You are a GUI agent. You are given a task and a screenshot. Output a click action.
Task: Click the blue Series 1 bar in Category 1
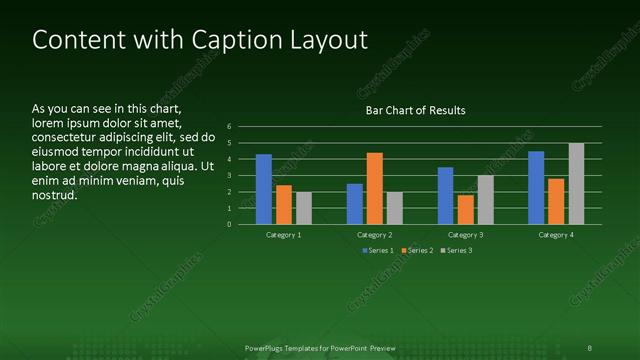[264, 189]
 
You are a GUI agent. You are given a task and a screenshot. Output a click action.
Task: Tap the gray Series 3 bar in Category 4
[576, 184]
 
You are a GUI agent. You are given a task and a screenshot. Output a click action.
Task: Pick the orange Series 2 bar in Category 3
[466, 209]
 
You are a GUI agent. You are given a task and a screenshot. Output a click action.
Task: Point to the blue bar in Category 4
[536, 188]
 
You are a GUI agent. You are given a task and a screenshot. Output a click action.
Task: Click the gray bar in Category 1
[304, 208]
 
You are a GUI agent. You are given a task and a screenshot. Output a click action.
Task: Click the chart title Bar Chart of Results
[415, 110]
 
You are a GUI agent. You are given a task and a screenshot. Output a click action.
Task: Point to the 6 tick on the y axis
[229, 127]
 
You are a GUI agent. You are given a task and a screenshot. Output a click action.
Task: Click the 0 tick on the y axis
[229, 224]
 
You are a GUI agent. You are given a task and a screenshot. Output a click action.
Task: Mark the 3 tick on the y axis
[229, 176]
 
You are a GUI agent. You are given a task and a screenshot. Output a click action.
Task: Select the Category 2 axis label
[375, 234]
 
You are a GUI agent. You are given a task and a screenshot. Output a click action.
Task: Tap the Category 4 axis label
[556, 234]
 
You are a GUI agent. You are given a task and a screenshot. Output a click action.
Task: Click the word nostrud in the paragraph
[56, 194]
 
